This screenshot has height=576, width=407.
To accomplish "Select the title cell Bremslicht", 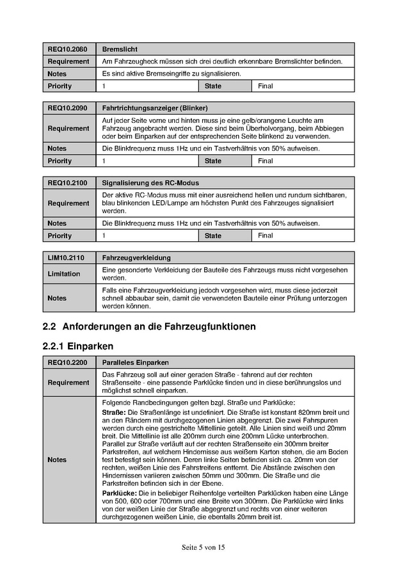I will (x=120, y=49).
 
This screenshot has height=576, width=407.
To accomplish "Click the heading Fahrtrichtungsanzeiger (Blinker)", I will (x=154, y=108).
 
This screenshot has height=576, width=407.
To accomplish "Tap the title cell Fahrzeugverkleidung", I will (x=136, y=257).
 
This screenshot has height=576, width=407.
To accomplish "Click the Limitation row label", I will (x=64, y=274).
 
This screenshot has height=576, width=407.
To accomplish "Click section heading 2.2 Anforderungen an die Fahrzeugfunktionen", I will (x=149, y=326).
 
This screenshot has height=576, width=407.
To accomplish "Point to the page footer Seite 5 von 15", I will (x=203, y=547).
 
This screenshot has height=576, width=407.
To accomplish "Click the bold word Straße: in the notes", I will (x=115, y=412).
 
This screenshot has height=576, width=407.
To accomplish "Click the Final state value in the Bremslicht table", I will (x=265, y=86).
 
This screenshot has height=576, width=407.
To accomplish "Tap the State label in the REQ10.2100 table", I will (x=212, y=236).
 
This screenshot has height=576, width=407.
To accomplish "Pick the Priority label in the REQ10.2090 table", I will (x=60, y=161).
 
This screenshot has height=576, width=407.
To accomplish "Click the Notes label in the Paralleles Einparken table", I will (x=57, y=460).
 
